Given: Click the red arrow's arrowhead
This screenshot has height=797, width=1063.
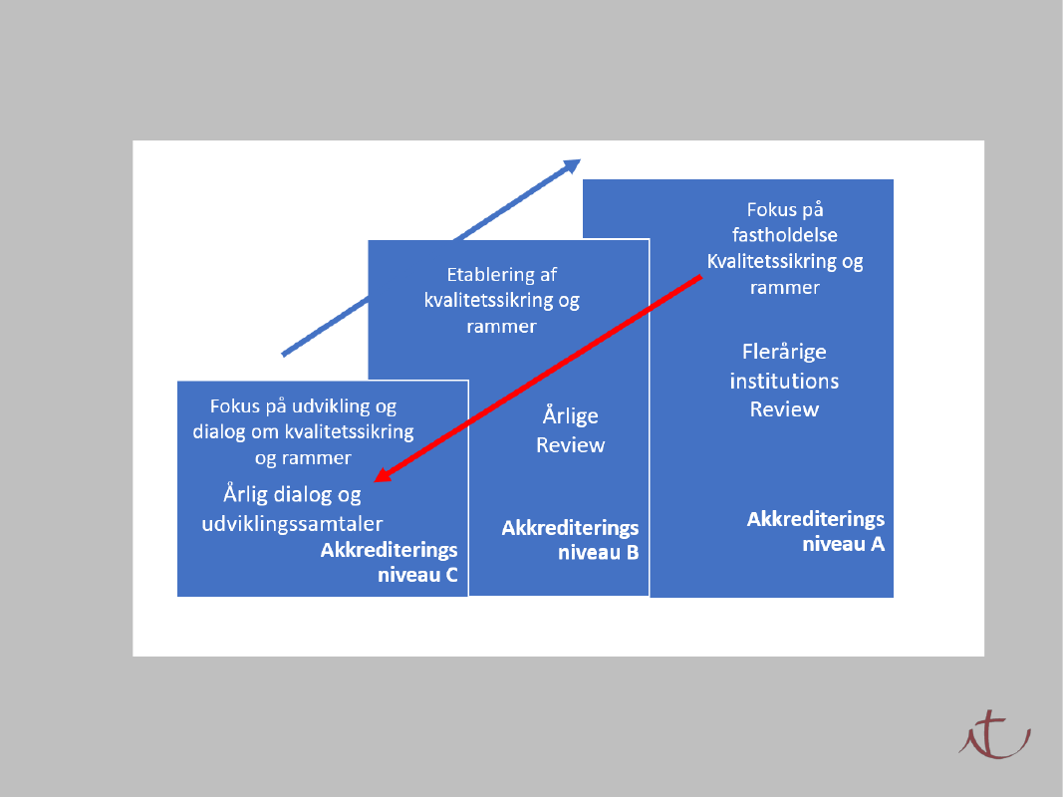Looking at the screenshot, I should [x=383, y=477].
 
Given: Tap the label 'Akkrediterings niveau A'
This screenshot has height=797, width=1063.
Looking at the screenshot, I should [x=816, y=532].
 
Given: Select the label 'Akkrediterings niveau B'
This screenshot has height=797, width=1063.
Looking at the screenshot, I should [x=570, y=540].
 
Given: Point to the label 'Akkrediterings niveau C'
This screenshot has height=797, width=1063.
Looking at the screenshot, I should [x=389, y=562].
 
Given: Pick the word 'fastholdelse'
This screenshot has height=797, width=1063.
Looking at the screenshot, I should [x=784, y=236].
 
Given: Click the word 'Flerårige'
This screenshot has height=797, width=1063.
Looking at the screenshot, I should [x=784, y=352].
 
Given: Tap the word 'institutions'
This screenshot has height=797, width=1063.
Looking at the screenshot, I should [x=784, y=381].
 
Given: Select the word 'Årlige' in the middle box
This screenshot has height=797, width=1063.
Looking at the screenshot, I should [x=570, y=415].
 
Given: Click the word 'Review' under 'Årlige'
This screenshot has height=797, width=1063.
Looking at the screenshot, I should [x=570, y=444].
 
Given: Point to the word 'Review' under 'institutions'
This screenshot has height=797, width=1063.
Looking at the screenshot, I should [x=784, y=409].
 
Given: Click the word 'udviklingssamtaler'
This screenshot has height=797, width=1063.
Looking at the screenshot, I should [x=292, y=523].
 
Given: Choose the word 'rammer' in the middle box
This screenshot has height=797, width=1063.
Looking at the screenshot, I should [x=501, y=326].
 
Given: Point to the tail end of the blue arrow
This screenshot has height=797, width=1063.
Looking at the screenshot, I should [x=285, y=353].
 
